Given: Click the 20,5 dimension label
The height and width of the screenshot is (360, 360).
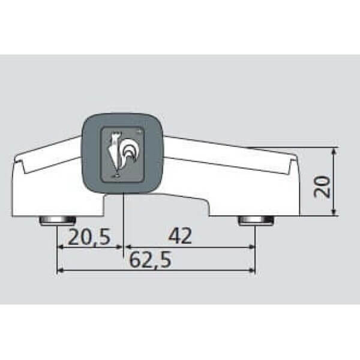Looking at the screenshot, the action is (89, 237).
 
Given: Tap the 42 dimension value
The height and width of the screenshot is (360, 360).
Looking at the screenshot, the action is (180, 236).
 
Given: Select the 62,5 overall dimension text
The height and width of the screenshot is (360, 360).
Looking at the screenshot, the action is (151, 260).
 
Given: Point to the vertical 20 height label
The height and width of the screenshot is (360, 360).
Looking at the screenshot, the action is (322, 187).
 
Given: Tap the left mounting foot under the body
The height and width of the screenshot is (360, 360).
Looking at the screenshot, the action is (58, 221).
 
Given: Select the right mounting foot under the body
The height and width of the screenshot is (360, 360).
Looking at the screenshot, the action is (256, 221).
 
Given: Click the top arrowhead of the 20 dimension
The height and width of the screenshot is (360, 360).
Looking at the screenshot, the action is (334, 151).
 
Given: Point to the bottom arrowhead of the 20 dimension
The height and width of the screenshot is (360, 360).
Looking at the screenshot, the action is (334, 212).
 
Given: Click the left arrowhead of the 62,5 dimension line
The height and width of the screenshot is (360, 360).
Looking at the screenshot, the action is (60, 270).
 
